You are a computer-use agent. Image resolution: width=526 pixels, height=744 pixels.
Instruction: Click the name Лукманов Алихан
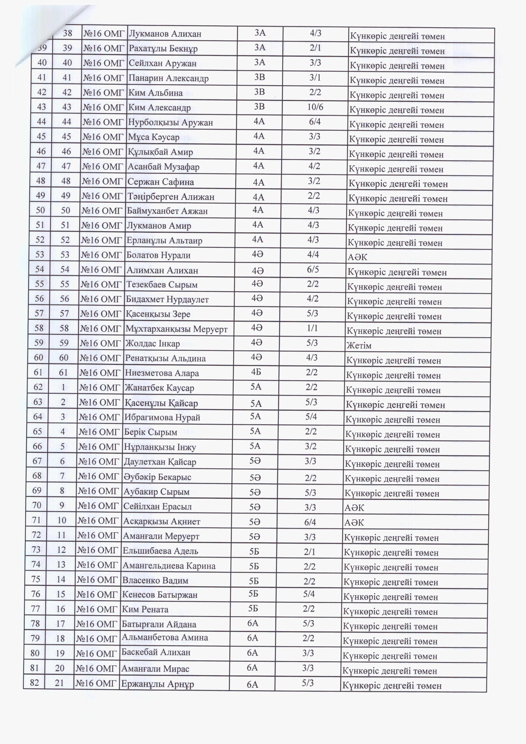(165, 34)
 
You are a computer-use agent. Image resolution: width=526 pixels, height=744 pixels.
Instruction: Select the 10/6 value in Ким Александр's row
(315, 107)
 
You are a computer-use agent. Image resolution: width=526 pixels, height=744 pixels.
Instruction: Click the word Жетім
(359, 346)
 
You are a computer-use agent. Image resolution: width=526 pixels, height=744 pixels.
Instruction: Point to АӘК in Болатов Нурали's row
(358, 257)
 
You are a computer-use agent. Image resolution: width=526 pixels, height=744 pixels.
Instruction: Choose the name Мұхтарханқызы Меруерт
(177, 329)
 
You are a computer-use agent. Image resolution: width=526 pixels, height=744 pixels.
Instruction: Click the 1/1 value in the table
(312, 328)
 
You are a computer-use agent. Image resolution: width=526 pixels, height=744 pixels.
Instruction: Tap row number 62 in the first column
(38, 387)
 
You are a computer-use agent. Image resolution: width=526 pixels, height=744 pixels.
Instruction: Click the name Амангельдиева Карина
(169, 566)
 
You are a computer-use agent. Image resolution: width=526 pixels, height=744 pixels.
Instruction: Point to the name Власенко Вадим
(155, 580)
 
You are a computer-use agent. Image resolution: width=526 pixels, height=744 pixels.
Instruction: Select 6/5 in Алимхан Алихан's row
(313, 269)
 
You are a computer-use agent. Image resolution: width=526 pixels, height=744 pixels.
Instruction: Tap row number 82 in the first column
(34, 683)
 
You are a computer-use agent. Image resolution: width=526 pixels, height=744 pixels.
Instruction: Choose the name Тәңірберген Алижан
(171, 197)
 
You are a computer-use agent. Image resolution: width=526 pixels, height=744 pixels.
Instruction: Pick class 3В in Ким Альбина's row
(260, 92)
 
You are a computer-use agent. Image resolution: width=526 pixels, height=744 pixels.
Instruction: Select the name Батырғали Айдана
(159, 624)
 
